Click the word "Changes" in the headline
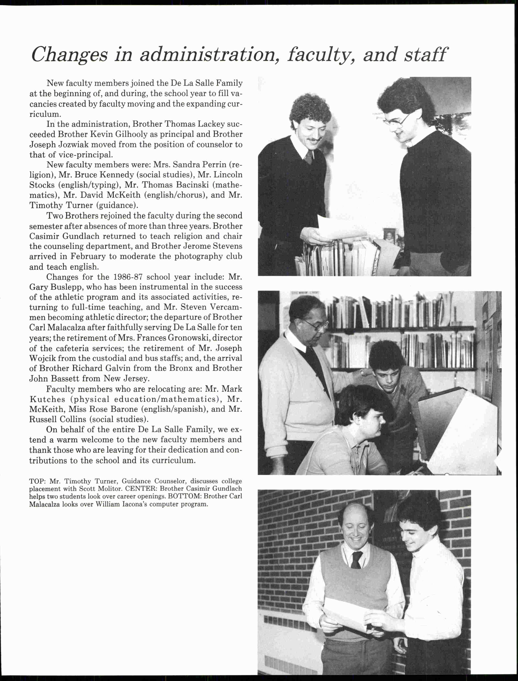pos(70,55)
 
